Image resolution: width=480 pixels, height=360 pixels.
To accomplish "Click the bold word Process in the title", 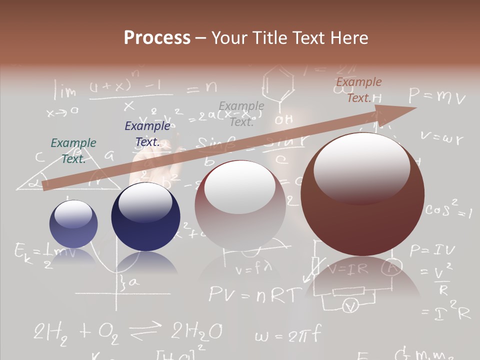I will pos(157,37).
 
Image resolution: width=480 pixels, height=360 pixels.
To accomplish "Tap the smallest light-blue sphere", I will pos(73,224).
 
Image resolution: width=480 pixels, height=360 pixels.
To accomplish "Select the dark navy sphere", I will pos(145,216).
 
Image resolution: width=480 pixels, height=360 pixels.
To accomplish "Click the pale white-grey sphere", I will pos(240,205).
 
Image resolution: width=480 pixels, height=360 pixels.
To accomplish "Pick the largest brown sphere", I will pos(362,194).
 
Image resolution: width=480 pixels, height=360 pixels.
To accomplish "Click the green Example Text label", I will pos(73,150).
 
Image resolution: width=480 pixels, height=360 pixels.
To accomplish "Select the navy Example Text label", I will pos(147,134).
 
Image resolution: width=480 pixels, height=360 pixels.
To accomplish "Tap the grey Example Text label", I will pos(241,113).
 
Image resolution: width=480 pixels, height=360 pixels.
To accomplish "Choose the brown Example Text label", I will pos(359,89).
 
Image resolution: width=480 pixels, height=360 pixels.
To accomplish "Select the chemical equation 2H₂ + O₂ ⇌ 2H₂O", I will pos(127,331).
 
